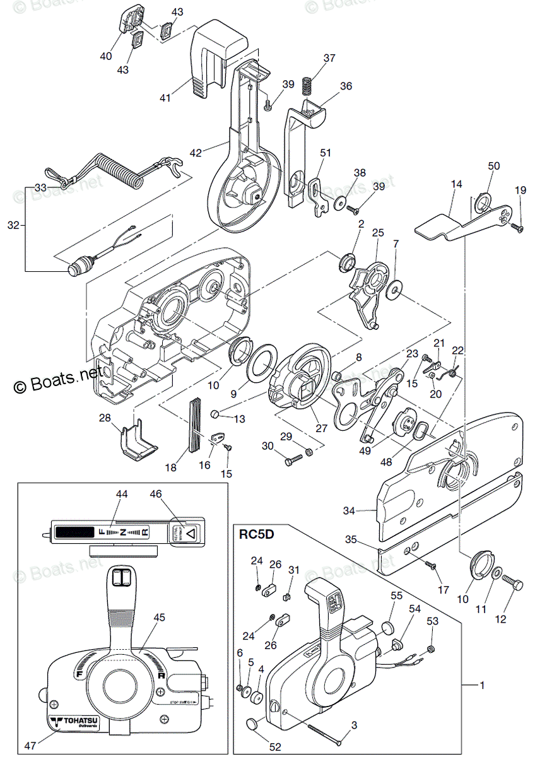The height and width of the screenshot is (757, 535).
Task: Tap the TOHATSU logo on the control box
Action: (x=69, y=722)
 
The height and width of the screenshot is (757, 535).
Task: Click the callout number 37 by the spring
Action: (x=329, y=58)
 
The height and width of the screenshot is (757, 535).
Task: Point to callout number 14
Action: (x=456, y=184)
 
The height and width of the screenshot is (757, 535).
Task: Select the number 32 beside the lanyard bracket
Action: (x=13, y=224)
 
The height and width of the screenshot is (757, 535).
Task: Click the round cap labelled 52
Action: (x=253, y=724)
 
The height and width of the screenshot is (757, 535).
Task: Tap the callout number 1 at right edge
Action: (x=482, y=684)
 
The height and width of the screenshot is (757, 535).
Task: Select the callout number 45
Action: (x=160, y=618)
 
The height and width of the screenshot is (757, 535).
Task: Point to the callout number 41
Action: (x=165, y=98)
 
